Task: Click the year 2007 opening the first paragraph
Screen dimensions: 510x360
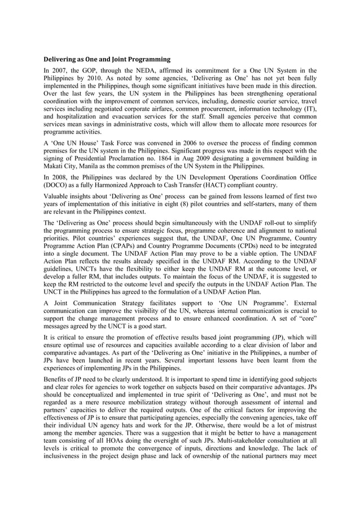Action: [63, 71]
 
